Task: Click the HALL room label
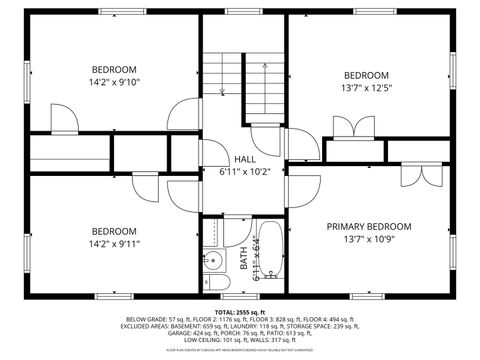(244, 159)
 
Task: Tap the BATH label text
(244, 258)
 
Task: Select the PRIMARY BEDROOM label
(368, 227)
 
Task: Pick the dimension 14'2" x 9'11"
(113, 243)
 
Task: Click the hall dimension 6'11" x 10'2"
(244, 171)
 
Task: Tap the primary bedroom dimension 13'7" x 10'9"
(368, 240)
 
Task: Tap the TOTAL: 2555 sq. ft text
(239, 312)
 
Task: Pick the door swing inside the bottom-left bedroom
(145, 187)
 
